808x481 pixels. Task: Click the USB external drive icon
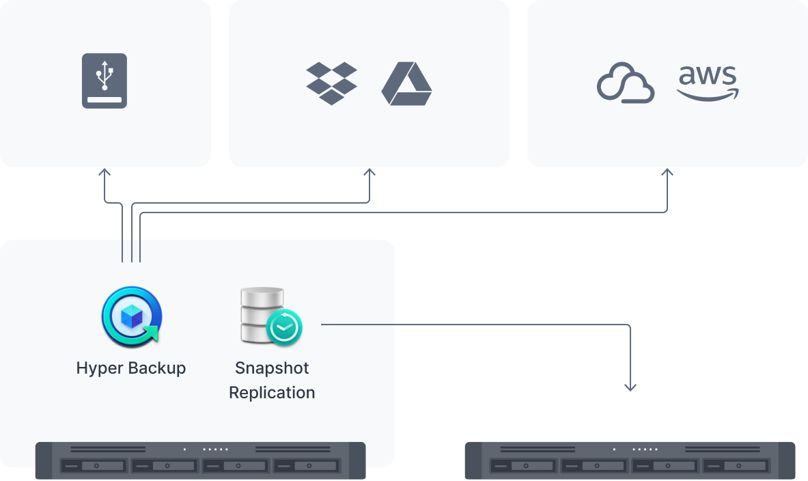105,81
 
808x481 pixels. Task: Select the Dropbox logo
331,83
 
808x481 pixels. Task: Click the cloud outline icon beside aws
626,83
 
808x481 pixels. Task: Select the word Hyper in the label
100,368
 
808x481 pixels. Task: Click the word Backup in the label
158,368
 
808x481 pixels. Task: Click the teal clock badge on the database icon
284,329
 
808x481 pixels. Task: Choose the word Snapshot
272,368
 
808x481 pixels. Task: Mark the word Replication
272,393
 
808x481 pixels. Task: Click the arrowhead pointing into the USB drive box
105,174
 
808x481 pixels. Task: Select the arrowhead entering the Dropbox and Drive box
370,174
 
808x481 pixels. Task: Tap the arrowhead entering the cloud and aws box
667,174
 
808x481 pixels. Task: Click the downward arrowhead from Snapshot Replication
630,387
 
